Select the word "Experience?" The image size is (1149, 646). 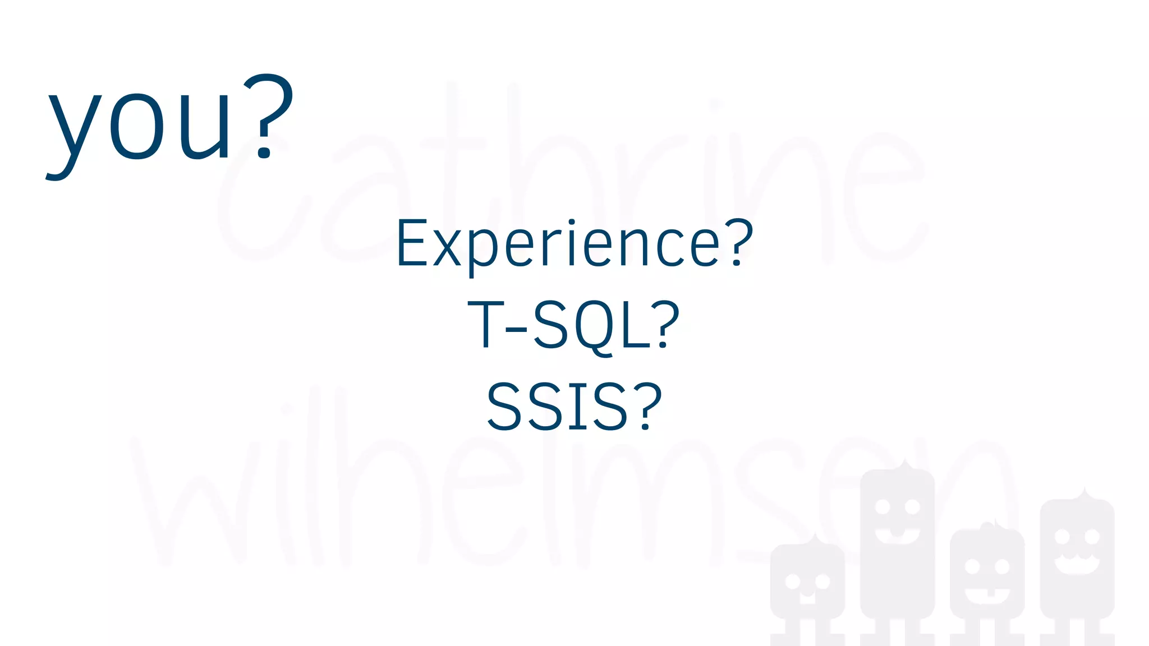tap(574, 244)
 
